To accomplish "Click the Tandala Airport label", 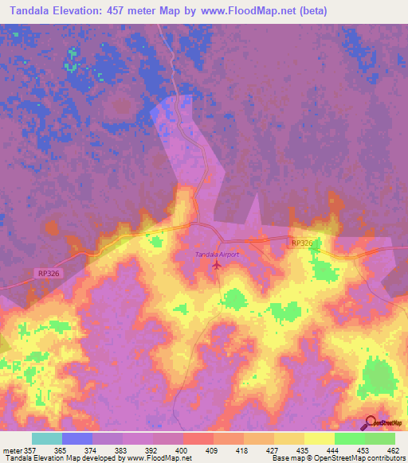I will pos(218,254).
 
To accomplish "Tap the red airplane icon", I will pos(218,265).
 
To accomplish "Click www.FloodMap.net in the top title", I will pos(247,11).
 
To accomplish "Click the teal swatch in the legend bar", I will pos(47,438).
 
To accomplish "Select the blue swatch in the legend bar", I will pos(77,438).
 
